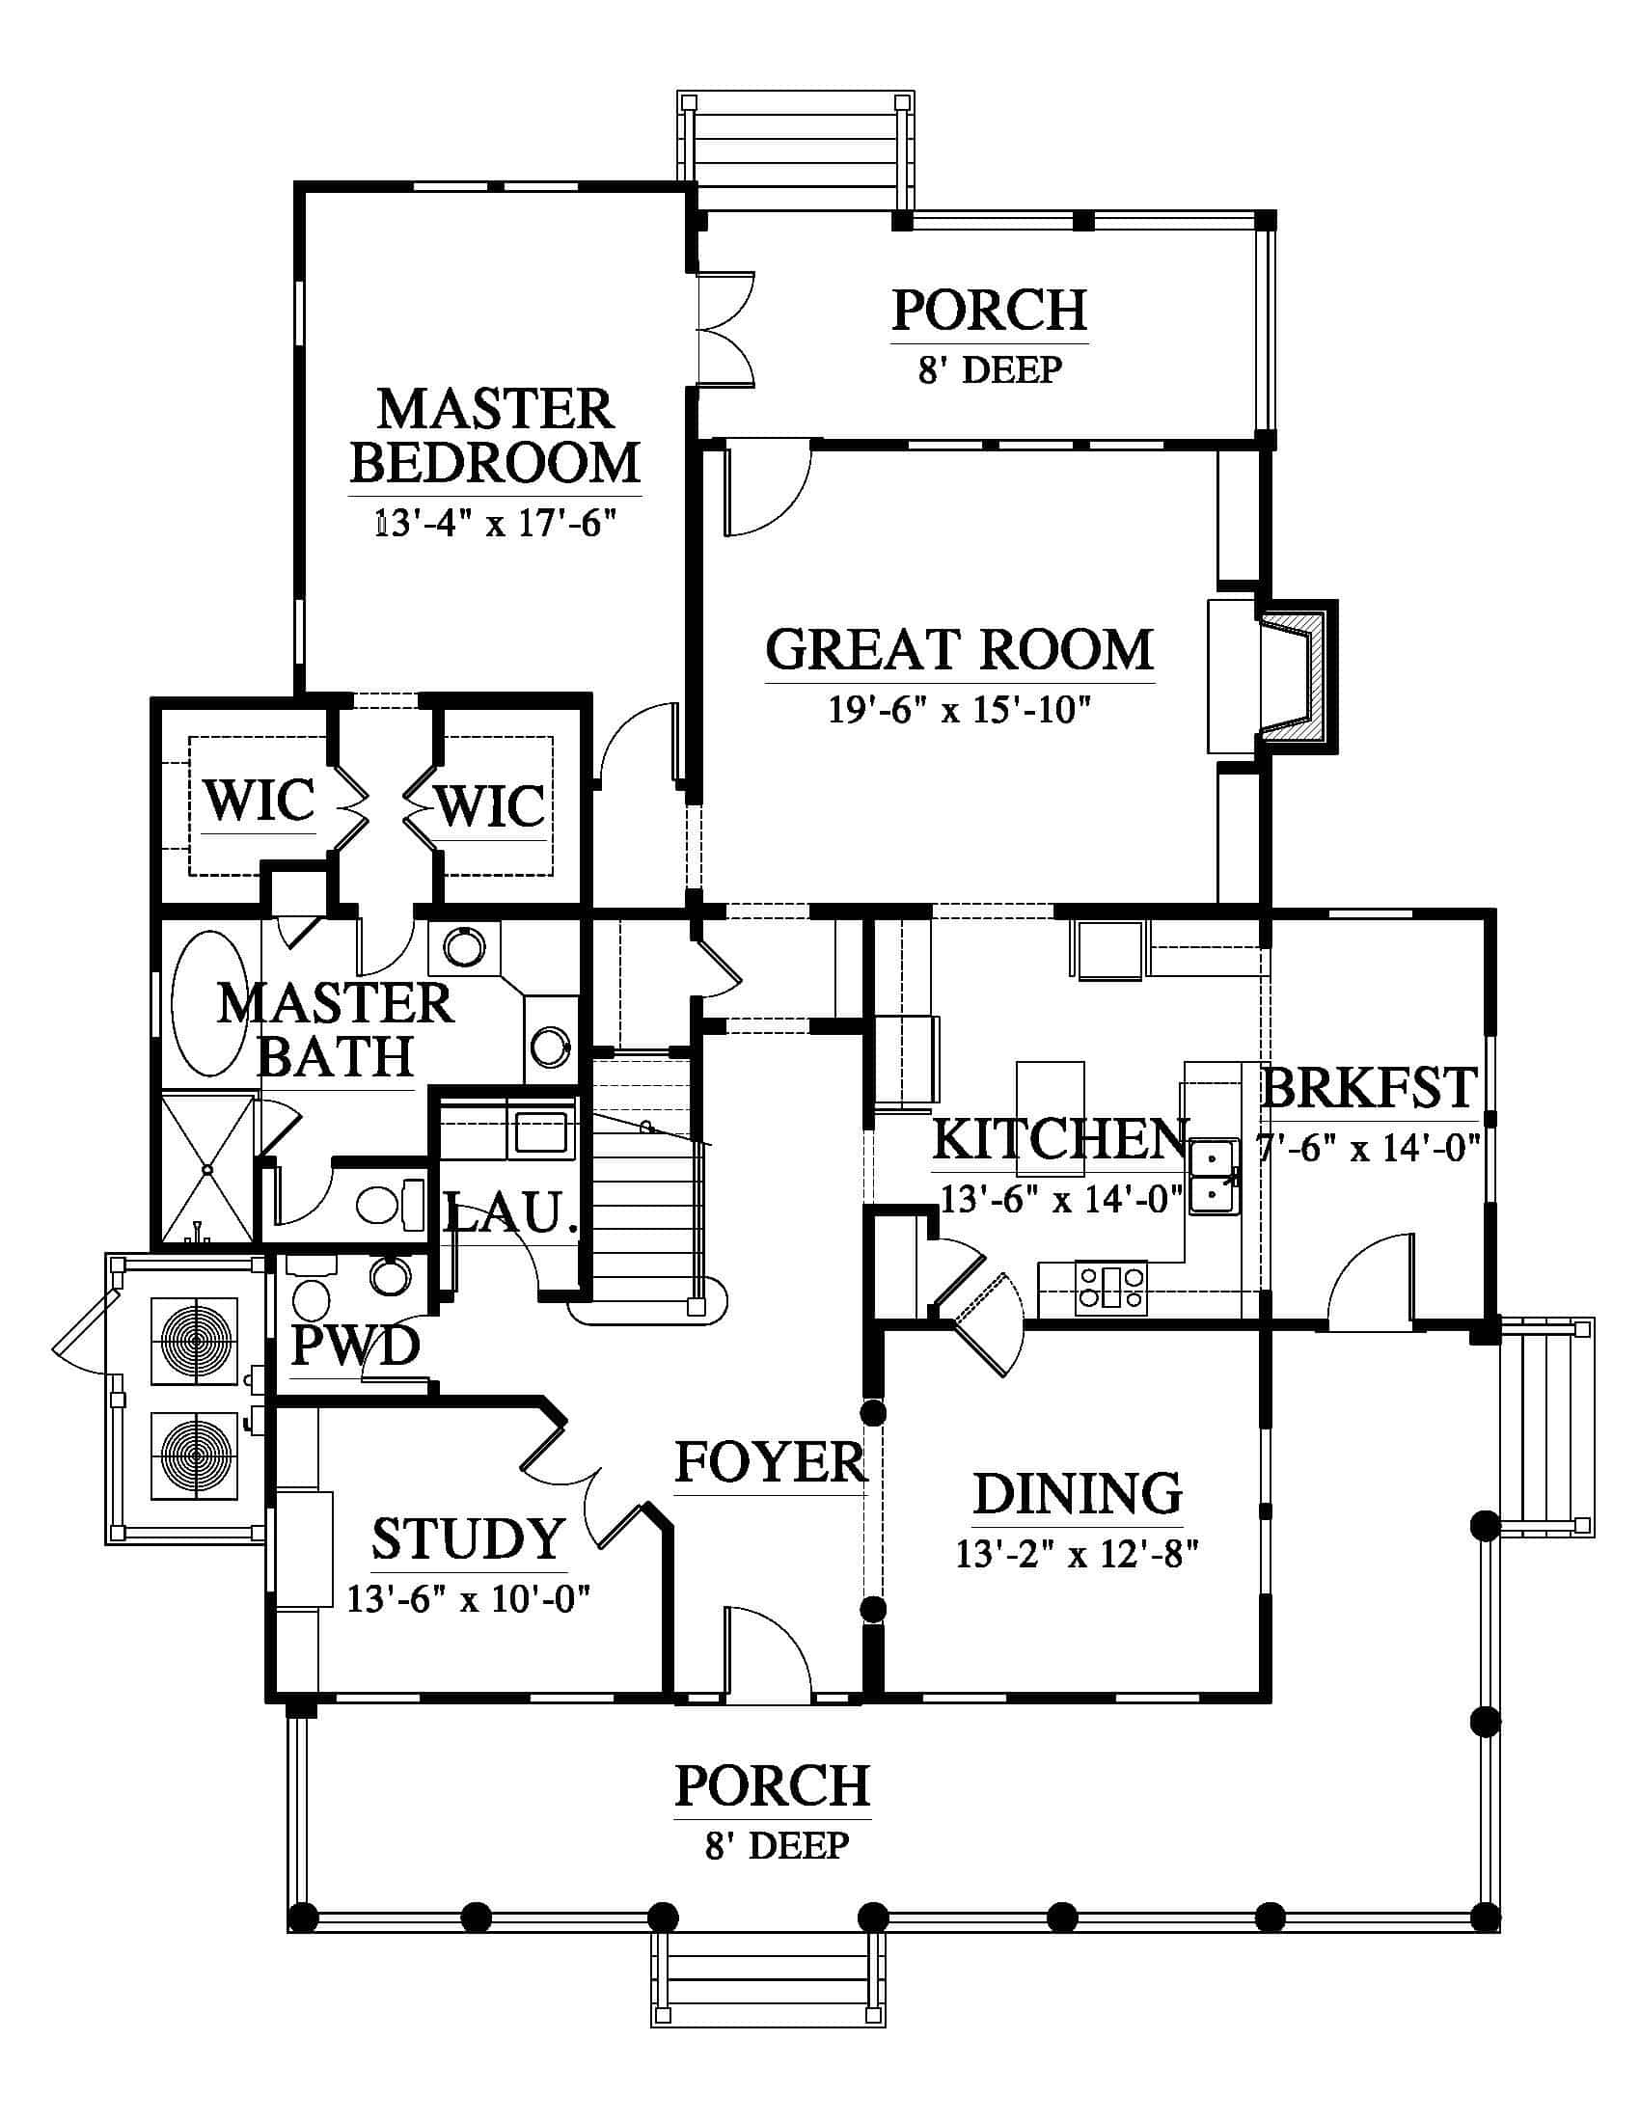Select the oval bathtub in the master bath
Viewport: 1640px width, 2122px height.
coord(209,1005)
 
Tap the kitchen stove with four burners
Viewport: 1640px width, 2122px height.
coord(1110,1288)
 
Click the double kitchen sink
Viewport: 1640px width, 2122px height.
coord(1212,1177)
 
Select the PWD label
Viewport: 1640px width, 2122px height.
coord(356,1346)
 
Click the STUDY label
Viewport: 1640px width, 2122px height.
coord(468,1538)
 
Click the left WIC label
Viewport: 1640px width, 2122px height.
coord(260,801)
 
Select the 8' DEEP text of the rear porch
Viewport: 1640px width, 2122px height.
coord(990,370)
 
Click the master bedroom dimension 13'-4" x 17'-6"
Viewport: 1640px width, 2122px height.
coord(497,525)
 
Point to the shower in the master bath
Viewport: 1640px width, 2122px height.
coord(205,1169)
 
